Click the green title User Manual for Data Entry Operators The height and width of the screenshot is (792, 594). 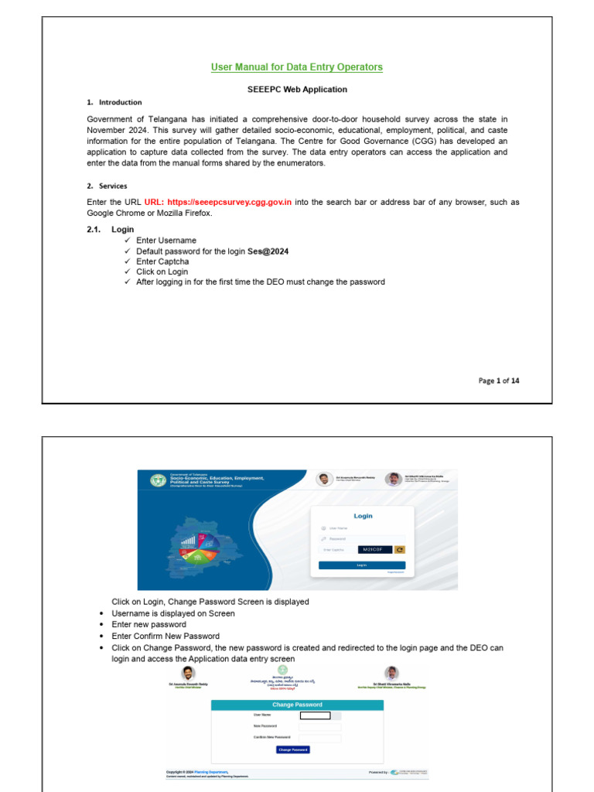[297, 67]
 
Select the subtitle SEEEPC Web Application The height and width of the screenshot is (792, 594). [297, 90]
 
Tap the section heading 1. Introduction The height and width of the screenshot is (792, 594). [114, 102]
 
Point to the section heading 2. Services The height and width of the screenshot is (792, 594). [107, 186]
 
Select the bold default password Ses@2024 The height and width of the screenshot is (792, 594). [268, 251]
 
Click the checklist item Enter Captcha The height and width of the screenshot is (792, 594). [162, 261]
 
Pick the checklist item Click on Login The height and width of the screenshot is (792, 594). [162, 272]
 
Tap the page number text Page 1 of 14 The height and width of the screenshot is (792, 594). [499, 381]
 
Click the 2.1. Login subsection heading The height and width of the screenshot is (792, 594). [111, 230]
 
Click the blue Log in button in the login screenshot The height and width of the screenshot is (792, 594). [362, 565]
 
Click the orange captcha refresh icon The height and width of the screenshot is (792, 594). [400, 549]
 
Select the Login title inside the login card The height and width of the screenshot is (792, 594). [363, 516]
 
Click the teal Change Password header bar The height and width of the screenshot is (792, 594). [297, 705]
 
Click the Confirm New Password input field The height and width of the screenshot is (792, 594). [319, 738]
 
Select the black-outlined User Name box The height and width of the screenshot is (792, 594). [315, 715]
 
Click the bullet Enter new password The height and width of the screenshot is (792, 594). [148, 624]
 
